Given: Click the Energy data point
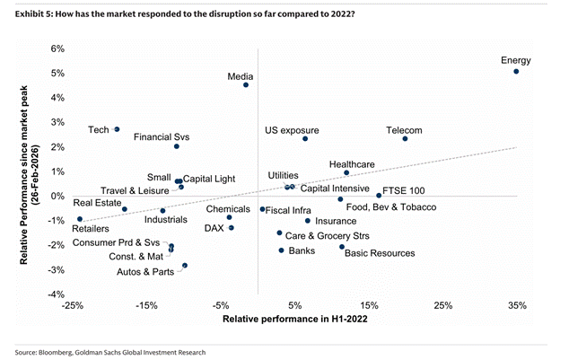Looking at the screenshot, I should pyautogui.click(x=516, y=71).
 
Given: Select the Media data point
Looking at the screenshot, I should pyautogui.click(x=246, y=85).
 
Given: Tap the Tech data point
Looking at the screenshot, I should pyautogui.click(x=117, y=129).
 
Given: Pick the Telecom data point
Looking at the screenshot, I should pyautogui.click(x=405, y=138).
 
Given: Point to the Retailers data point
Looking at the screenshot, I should pyautogui.click(x=80, y=219).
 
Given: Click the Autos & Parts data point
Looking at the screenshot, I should pyautogui.click(x=185, y=266).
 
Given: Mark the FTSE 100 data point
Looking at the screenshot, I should pyautogui.click(x=379, y=195).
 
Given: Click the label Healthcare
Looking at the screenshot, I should pyautogui.click(x=352, y=164).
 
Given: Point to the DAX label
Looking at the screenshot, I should pyautogui.click(x=214, y=228).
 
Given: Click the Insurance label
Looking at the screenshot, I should pyautogui.click(x=337, y=221).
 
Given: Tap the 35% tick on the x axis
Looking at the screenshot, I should pyautogui.click(x=516, y=306).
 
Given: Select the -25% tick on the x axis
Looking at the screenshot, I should pyautogui.click(x=73, y=306).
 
